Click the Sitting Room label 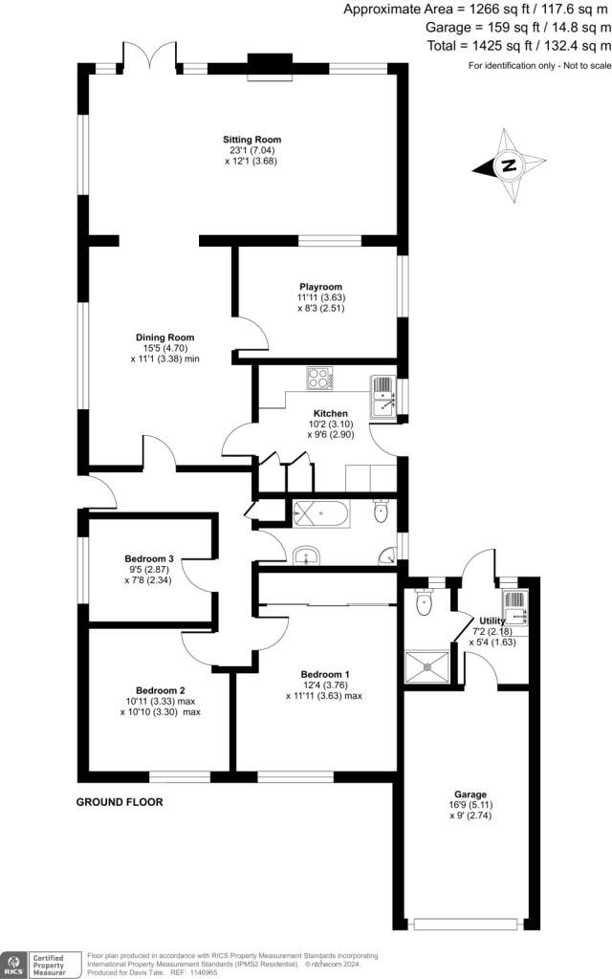pos(252,140)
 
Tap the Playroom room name pos(321,287)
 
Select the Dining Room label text pos(164,337)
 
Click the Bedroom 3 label pos(148,558)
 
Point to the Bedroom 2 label pos(161,690)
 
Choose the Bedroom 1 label pos(325,674)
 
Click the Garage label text pos(470,794)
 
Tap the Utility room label pos(492,620)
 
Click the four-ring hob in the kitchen pos(320,379)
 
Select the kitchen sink pos(383,397)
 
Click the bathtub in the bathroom pos(321,513)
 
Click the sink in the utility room pos(516,607)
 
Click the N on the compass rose pos(509,165)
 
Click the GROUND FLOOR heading pos(120,802)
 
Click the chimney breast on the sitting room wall pos(271,67)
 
